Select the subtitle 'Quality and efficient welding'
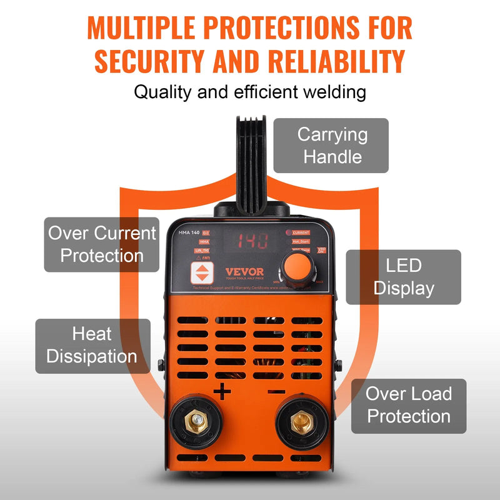[x=250, y=92]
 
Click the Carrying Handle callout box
[x=331, y=146]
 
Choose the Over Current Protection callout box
[x=102, y=244]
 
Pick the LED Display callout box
[x=403, y=277]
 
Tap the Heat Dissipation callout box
[x=92, y=346]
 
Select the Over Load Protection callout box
[x=408, y=406]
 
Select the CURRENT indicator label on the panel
[x=301, y=232]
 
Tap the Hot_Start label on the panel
[x=301, y=241]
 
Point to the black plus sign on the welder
[x=222, y=392]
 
